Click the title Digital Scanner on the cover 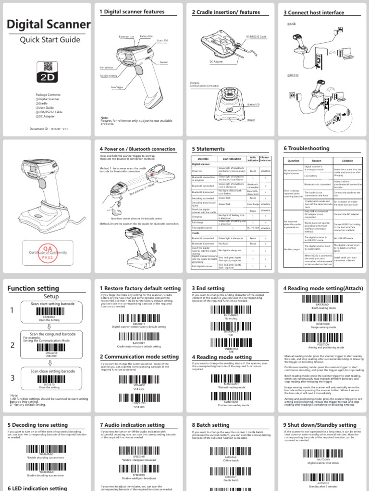[x=49, y=25]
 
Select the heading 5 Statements [x=209, y=149]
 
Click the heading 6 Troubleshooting [x=307, y=149]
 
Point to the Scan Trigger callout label [x=117, y=88]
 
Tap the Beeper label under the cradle [x=251, y=120]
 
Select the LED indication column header [x=231, y=159]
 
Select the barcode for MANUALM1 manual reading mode [x=224, y=377]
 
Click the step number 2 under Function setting [x=12, y=345]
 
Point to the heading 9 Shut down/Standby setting [x=320, y=425]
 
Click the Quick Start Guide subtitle [x=49, y=40]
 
